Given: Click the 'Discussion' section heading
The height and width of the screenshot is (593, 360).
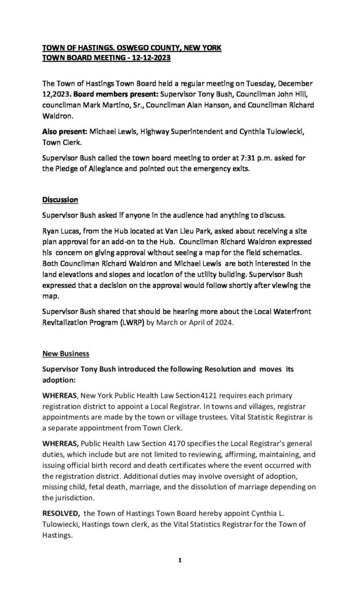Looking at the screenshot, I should tap(60, 200).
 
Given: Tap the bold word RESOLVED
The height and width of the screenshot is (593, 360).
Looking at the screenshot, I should tap(61, 514).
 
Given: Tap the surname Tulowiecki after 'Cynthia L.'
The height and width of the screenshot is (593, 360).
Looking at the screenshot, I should tap(64, 524).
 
